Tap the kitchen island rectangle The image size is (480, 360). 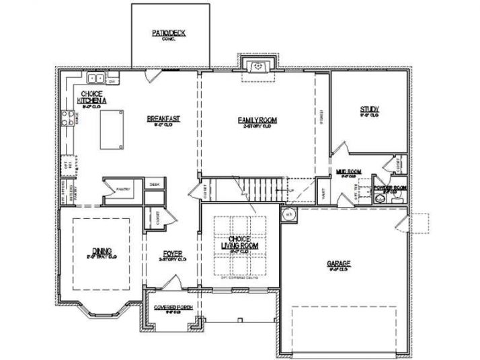(x=112, y=130)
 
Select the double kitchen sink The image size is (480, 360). (x=95, y=78)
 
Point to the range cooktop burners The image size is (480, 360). (x=68, y=118)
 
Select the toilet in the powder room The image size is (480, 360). (x=397, y=196)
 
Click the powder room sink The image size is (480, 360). (x=381, y=199)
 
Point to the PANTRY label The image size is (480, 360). (x=122, y=190)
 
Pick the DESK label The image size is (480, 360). (x=154, y=183)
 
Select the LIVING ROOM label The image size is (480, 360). (x=240, y=243)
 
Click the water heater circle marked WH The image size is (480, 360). (x=289, y=215)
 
